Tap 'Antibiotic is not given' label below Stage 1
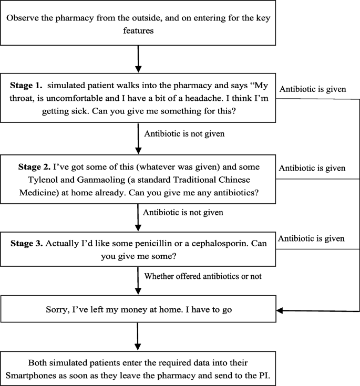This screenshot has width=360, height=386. tap(184, 134)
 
